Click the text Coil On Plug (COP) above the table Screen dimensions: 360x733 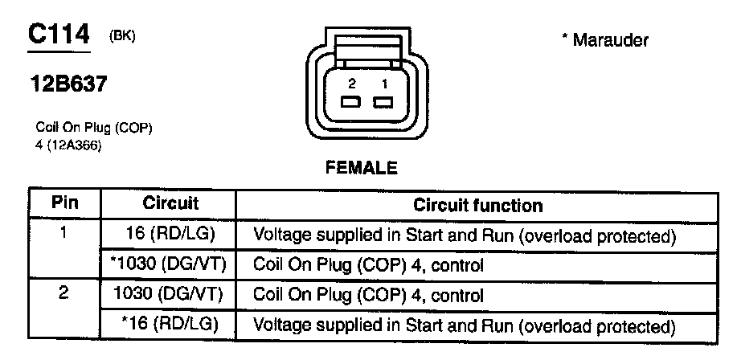pos(94,128)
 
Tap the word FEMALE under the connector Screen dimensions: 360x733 pos(361,169)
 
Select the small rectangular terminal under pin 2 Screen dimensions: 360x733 pos(350,102)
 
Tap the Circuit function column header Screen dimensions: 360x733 pos(477,204)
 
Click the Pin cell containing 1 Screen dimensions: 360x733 pos(63,235)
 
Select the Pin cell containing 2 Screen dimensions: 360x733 pos(63,295)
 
